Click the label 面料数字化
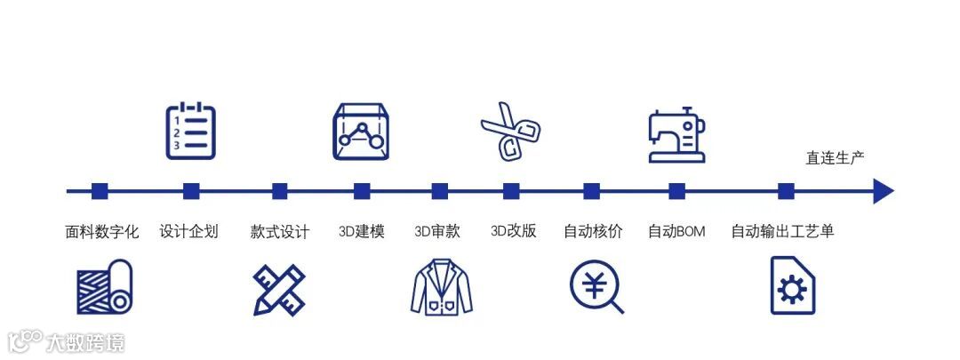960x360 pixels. point(102,232)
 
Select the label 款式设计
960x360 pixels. point(280,232)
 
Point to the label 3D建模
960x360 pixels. point(362,232)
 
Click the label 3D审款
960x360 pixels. point(437,232)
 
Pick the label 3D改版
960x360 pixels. point(513,232)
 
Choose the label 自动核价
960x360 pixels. point(593,232)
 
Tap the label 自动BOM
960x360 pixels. point(676,232)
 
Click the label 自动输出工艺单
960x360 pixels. point(782,232)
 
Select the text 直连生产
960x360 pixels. point(835,158)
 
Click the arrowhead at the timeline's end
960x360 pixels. point(883,191)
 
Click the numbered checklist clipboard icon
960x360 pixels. point(190,131)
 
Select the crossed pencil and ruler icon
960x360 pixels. point(279,288)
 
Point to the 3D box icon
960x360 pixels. point(361,132)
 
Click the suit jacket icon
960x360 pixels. point(441,285)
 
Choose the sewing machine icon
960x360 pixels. point(676,136)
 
